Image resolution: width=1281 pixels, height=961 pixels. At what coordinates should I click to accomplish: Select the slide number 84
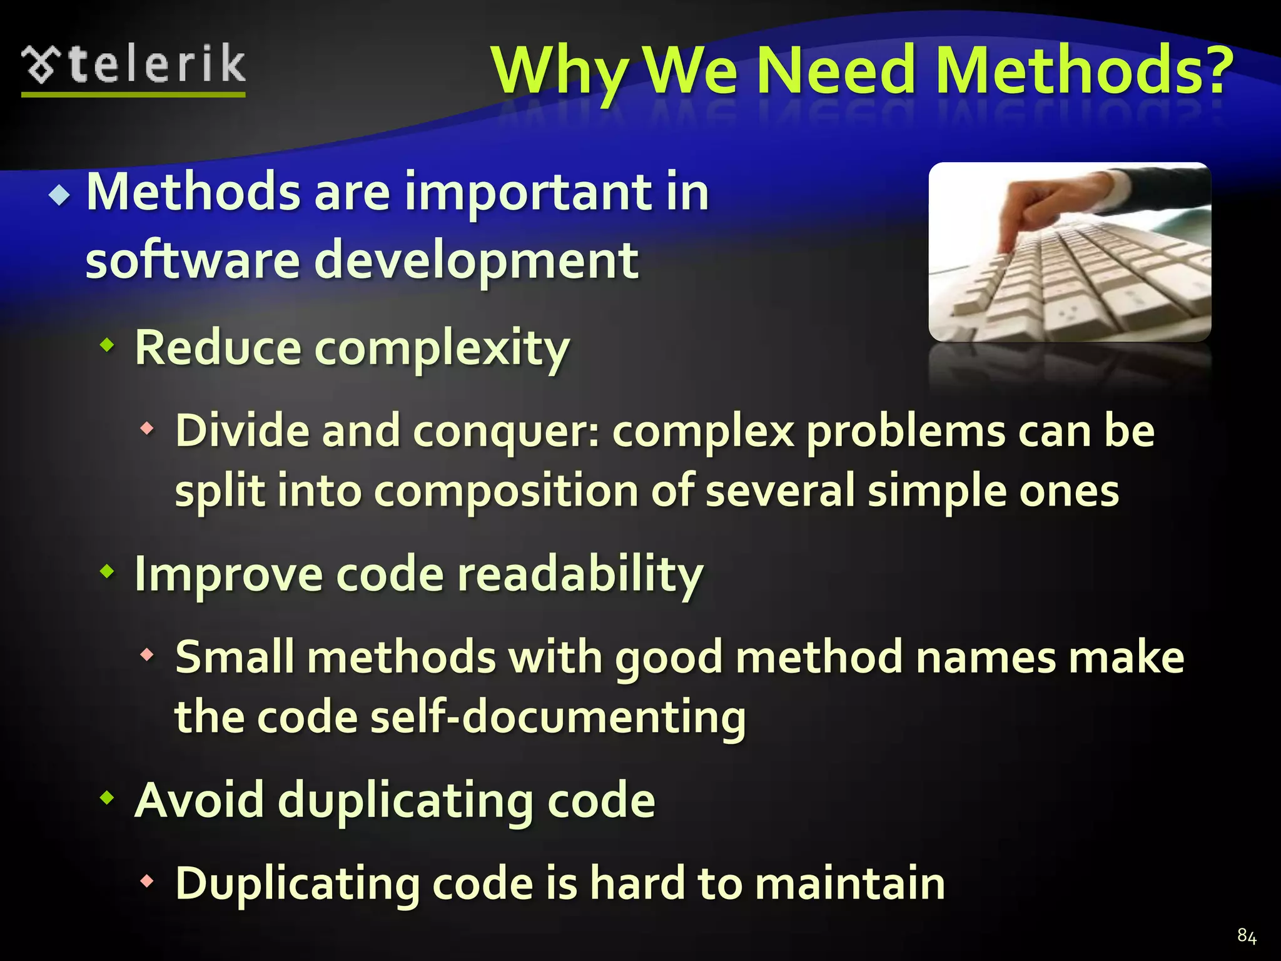1247,936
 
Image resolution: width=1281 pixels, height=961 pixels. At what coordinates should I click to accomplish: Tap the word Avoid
200,800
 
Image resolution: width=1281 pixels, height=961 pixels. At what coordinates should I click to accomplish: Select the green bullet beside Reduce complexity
108,343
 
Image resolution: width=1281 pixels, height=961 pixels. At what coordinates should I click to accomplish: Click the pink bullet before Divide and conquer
147,429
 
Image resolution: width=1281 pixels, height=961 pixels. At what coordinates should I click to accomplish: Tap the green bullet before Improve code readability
108,570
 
